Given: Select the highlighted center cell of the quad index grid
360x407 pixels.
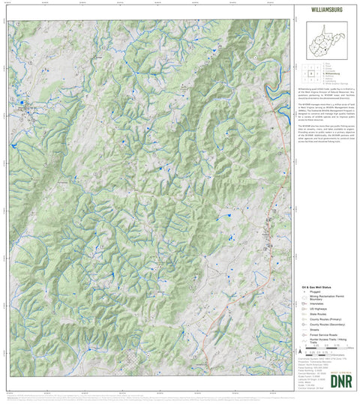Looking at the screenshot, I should point(311,74).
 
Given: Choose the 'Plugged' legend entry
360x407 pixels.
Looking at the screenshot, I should point(315,292).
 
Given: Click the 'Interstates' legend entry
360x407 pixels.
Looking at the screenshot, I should point(316,304).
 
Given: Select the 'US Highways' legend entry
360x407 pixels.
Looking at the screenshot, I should point(318,309).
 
